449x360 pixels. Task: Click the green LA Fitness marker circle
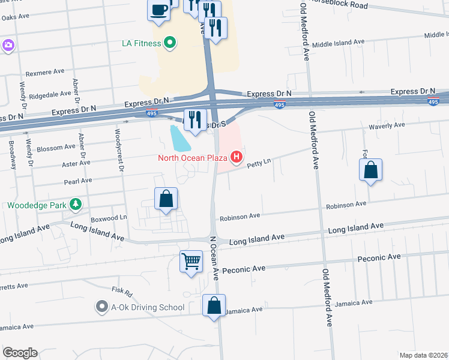point(170,43)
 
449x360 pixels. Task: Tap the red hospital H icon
point(237,158)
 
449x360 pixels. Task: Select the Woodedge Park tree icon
point(75,205)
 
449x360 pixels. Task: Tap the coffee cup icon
point(159,10)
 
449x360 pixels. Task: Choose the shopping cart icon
point(191,261)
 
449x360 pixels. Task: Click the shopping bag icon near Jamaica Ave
point(214,305)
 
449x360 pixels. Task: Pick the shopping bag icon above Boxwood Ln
point(166,199)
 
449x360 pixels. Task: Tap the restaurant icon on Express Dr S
point(194,119)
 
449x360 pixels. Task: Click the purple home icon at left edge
point(8,45)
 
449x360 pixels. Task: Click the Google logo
point(20,352)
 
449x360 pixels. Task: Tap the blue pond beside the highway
point(179,139)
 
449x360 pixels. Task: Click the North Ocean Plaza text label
point(192,158)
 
